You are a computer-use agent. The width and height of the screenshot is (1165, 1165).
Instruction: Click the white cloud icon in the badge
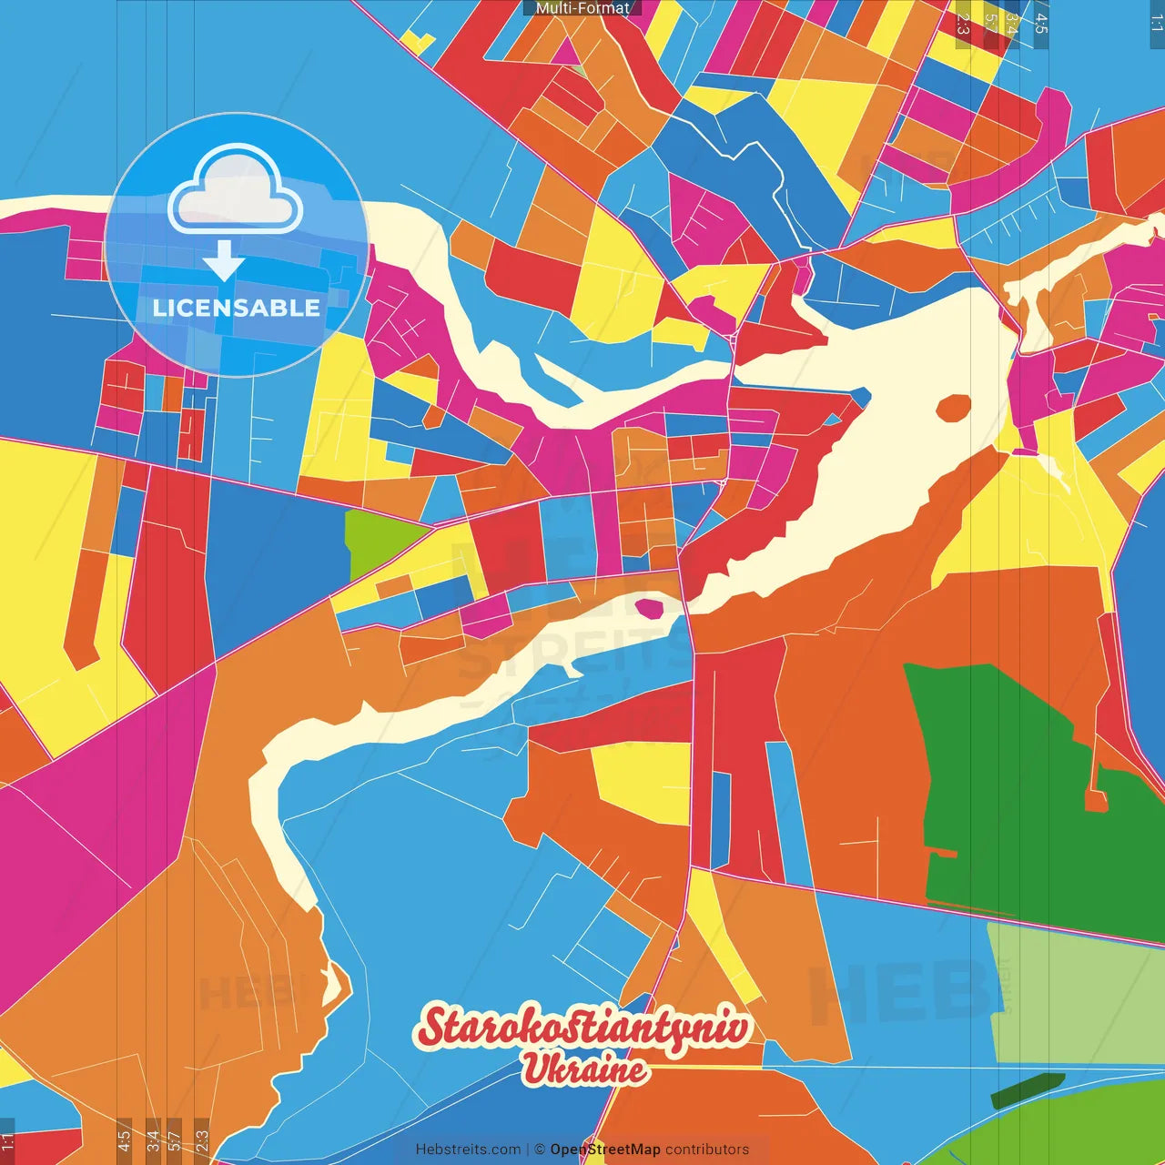236,192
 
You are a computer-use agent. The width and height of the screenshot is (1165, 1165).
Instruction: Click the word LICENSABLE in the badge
237,308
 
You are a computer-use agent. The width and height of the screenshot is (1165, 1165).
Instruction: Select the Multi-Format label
582,8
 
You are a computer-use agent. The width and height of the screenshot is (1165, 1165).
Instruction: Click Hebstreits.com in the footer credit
468,1150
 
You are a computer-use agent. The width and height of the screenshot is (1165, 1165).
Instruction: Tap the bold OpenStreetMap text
605,1150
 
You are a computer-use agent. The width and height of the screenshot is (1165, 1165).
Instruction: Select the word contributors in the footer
707,1150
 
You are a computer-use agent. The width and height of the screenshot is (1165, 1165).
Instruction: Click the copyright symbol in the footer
540,1150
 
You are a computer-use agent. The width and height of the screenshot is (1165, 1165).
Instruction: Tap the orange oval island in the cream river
954,408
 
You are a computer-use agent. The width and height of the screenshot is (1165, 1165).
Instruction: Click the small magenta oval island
650,607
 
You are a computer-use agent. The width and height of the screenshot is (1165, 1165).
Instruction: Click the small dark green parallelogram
1027,1090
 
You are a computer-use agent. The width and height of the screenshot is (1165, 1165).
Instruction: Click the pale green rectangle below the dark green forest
1074,992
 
